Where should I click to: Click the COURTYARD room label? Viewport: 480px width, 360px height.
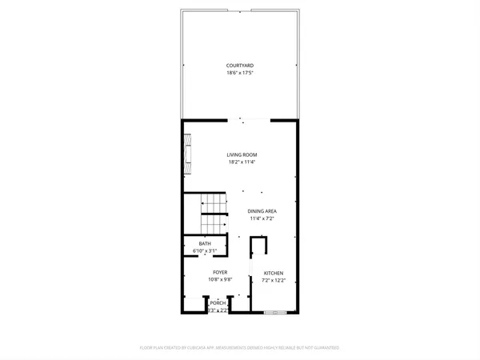coord(240,66)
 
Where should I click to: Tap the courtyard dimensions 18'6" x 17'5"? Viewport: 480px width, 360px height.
coord(240,74)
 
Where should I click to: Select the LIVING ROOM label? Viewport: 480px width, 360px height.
coord(240,154)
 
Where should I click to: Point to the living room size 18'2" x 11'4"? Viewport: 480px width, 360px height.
coord(240,162)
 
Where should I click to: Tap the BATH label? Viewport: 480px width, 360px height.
coord(206,245)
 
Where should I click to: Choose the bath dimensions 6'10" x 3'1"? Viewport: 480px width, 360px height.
coord(206,252)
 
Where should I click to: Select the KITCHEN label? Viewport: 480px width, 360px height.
coord(274,274)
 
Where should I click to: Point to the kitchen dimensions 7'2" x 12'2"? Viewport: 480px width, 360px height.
coord(274,281)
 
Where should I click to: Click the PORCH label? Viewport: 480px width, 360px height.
coord(217,303)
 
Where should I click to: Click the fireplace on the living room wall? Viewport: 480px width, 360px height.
coord(187,157)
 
